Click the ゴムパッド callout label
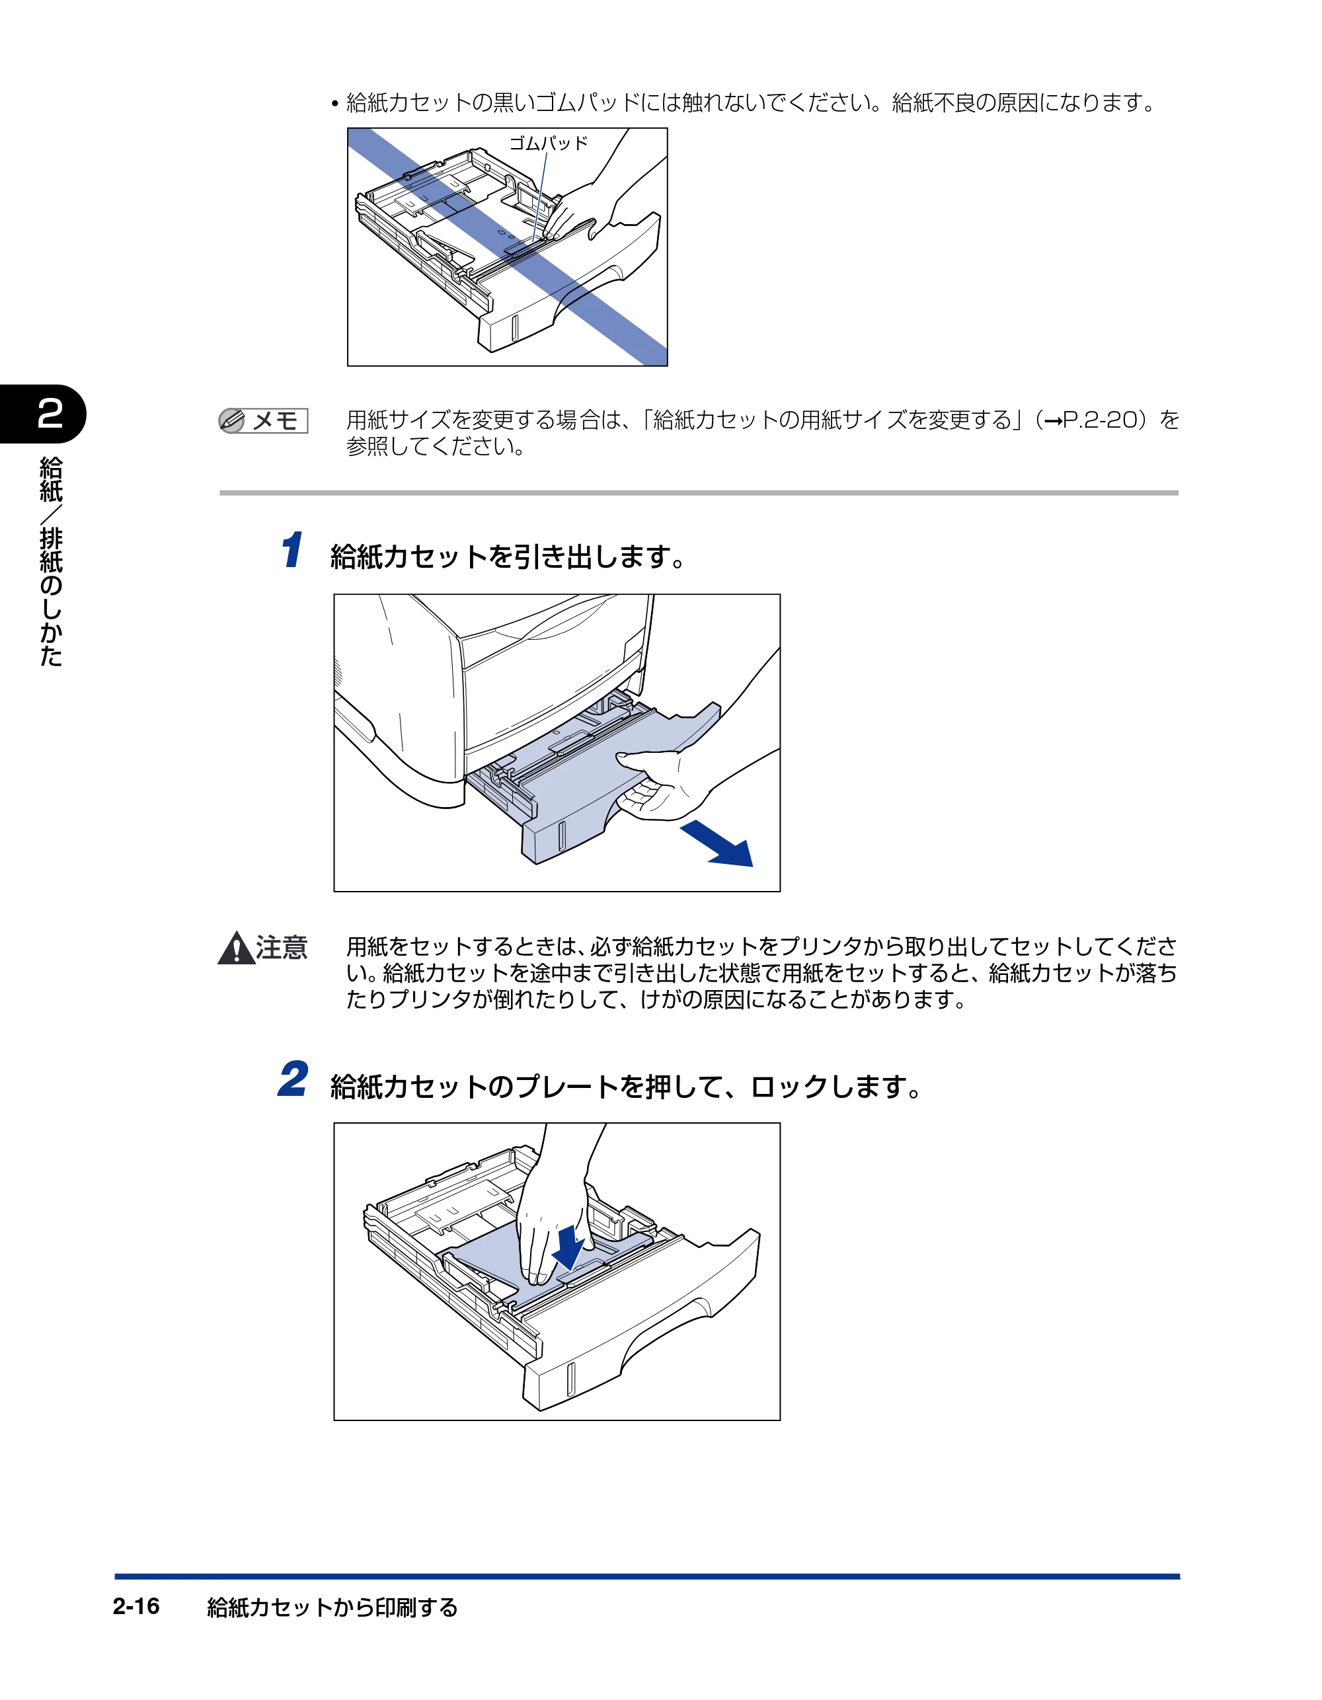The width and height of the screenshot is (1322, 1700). pyautogui.click(x=548, y=143)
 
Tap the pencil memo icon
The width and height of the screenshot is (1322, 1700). pyautogui.click(x=232, y=421)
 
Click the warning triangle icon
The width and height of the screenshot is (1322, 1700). pyautogui.click(x=236, y=948)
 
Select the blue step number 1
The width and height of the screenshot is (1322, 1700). pyautogui.click(x=292, y=551)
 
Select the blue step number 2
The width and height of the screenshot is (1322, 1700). pyautogui.click(x=293, y=1079)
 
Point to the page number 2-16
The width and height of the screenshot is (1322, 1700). pyautogui.click(x=136, y=1606)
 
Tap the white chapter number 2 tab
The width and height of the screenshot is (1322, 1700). pyautogui.click(x=50, y=413)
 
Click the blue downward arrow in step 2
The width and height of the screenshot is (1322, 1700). pyautogui.click(x=570, y=1247)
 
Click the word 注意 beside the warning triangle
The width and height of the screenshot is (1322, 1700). pyautogui.click(x=282, y=948)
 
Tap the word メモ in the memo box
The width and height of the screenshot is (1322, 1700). pyautogui.click(x=276, y=421)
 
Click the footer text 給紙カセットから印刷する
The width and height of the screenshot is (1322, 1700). pyautogui.click(x=332, y=1607)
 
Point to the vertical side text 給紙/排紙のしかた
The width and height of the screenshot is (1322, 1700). pyautogui.click(x=51, y=561)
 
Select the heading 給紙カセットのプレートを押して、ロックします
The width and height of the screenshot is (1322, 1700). pyautogui.click(x=627, y=1087)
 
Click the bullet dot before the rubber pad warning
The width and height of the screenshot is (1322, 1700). pyautogui.click(x=334, y=104)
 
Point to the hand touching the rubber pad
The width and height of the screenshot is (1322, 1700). pyautogui.click(x=592, y=202)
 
